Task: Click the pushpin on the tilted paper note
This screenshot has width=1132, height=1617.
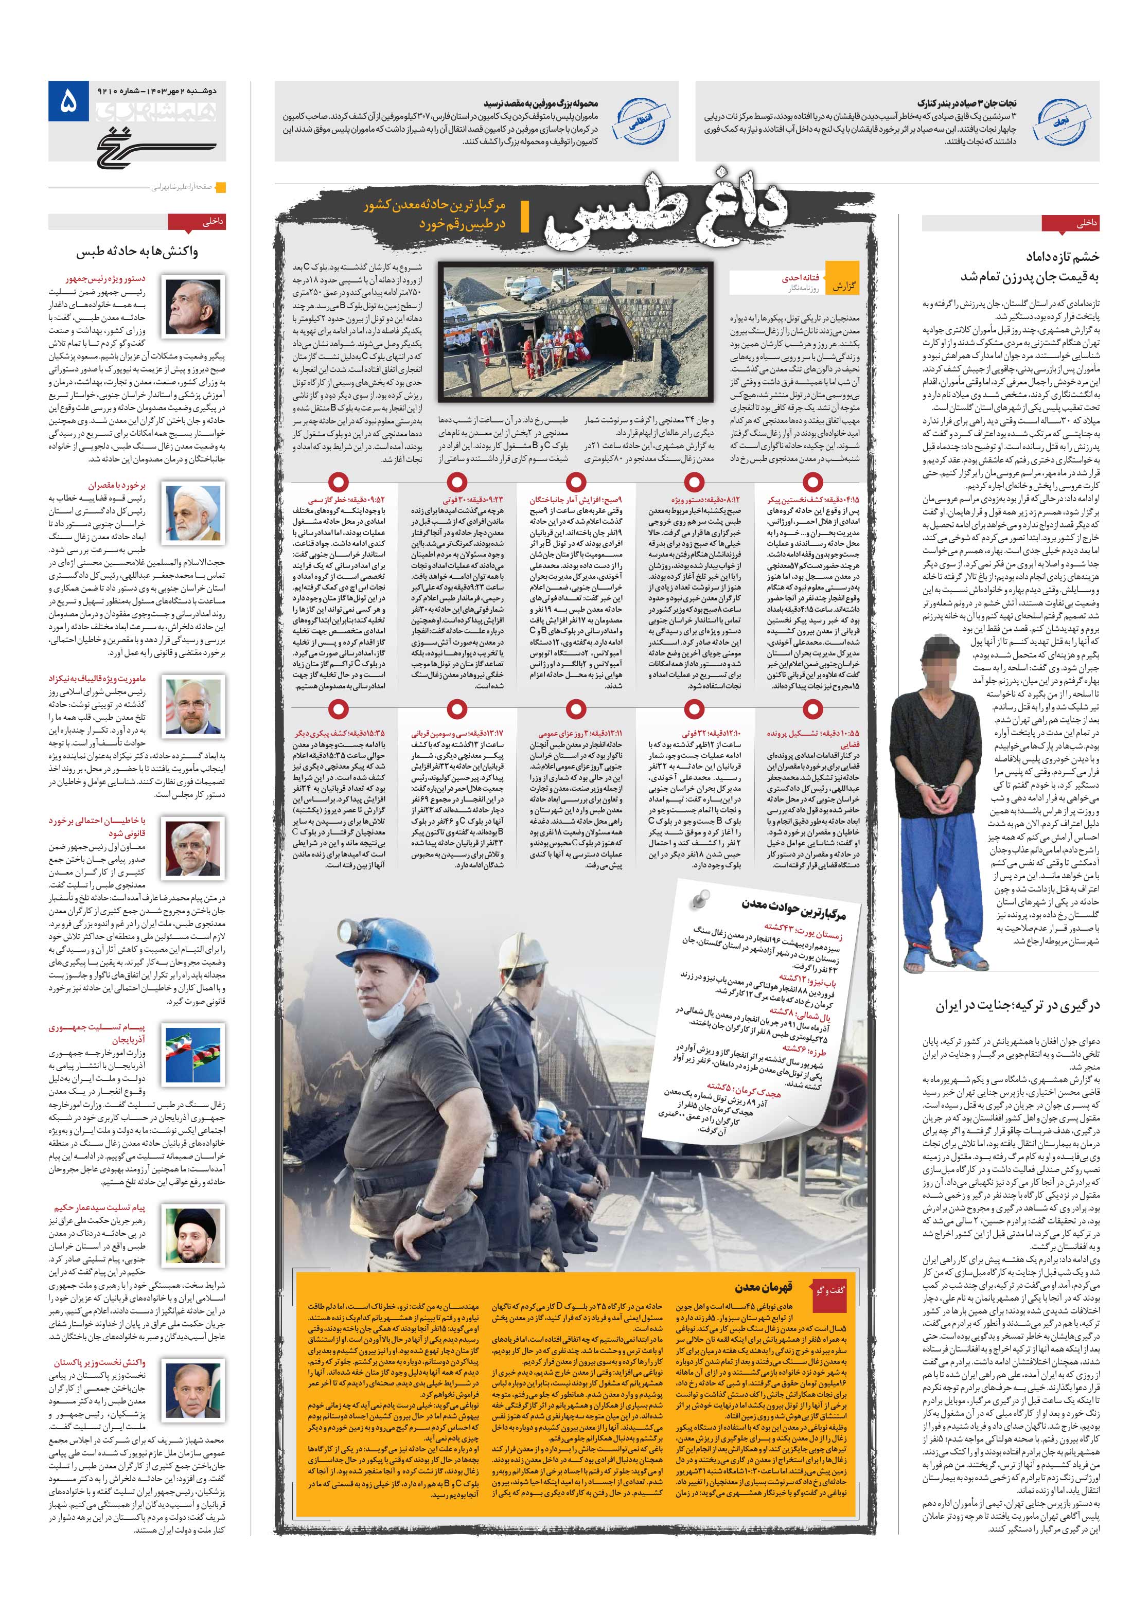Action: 699,897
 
